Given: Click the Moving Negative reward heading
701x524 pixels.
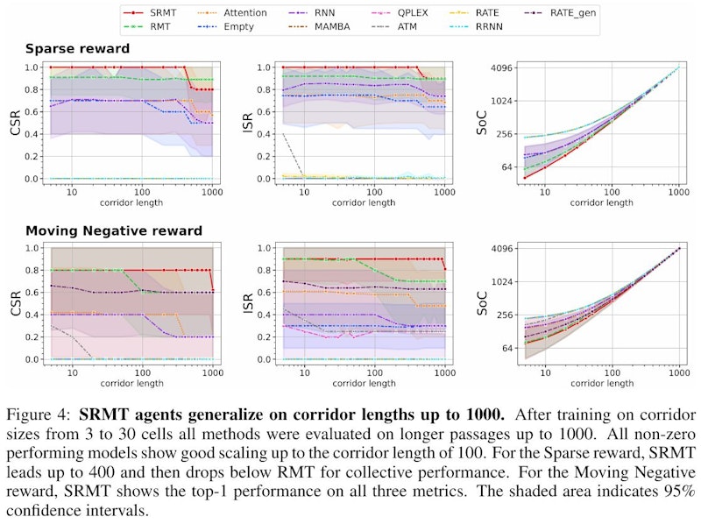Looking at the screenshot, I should tap(114, 231).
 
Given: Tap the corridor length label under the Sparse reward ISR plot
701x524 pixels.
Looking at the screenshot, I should tap(365, 202).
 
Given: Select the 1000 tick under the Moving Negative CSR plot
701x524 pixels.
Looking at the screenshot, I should tap(211, 372).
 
